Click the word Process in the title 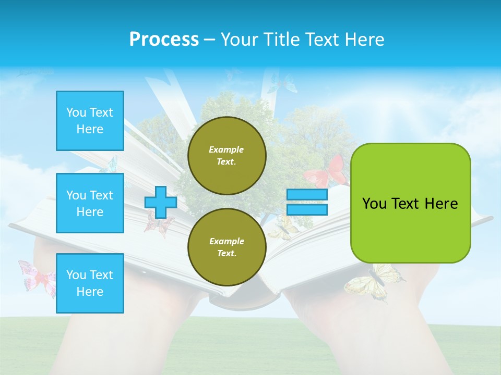tap(164, 40)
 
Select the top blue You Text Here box tap(90, 121)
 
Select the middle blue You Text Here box tap(90, 203)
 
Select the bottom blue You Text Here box tap(90, 283)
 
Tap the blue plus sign tap(160, 203)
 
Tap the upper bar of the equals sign tap(307, 195)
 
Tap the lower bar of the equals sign tap(307, 209)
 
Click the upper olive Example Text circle tap(226, 156)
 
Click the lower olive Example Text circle tap(226, 247)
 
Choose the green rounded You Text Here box tap(410, 203)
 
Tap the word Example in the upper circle tap(226, 149)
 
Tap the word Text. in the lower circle tap(226, 254)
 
